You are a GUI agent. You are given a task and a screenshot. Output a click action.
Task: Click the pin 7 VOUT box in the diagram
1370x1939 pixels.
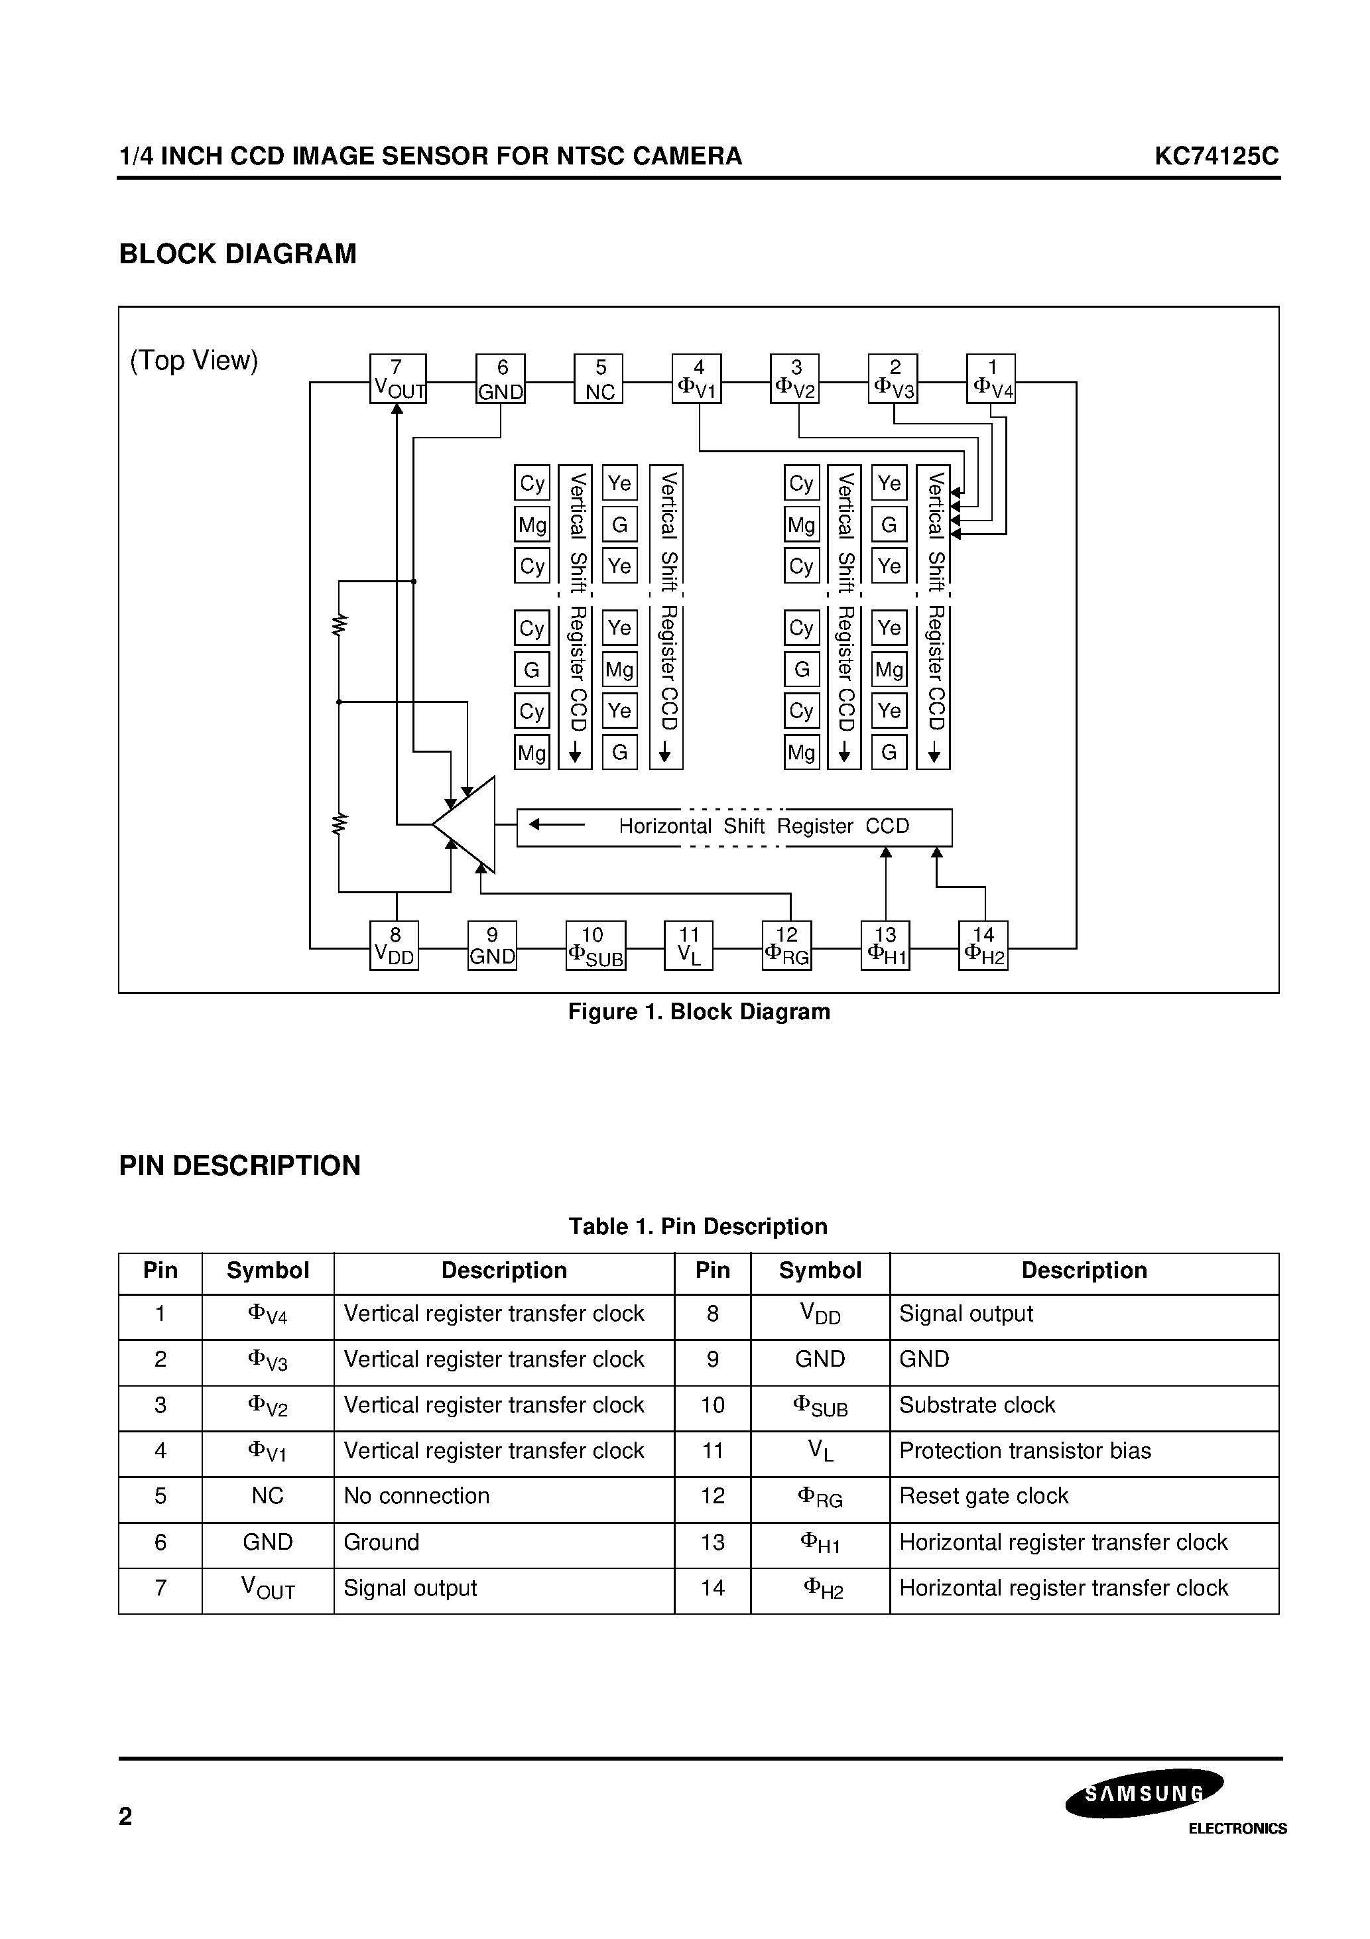(398, 379)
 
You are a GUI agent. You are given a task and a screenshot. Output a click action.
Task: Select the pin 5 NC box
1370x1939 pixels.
(599, 379)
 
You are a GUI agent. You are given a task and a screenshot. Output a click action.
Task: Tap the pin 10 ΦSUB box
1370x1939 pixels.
(595, 946)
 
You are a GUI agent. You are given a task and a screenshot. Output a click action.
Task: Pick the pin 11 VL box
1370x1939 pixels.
(688, 946)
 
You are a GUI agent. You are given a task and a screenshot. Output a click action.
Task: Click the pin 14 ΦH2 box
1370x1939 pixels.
(983, 946)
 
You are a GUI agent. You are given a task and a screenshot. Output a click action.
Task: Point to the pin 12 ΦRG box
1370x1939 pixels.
(786, 946)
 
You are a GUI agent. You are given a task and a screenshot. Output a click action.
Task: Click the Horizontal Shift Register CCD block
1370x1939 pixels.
(734, 828)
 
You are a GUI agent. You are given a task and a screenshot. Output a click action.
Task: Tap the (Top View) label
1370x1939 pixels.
(194, 361)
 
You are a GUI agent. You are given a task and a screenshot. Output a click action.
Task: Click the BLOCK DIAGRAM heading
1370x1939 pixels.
(237, 254)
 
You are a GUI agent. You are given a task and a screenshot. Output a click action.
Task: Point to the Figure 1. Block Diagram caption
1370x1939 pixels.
(698, 1012)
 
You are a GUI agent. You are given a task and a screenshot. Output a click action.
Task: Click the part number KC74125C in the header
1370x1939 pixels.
(1216, 156)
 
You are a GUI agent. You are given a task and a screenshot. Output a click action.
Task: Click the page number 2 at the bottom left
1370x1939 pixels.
(126, 1816)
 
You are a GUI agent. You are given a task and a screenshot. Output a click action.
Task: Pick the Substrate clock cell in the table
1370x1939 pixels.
(977, 1405)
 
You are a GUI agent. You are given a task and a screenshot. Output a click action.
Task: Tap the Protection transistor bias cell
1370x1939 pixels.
(1025, 1451)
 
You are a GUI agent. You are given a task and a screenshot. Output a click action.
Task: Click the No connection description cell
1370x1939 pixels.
(416, 1497)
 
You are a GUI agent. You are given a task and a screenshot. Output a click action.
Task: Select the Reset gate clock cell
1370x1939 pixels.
(984, 1497)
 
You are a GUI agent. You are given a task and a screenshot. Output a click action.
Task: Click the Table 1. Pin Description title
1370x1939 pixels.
(698, 1226)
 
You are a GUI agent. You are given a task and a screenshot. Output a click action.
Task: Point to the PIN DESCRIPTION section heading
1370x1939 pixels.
(240, 1165)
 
